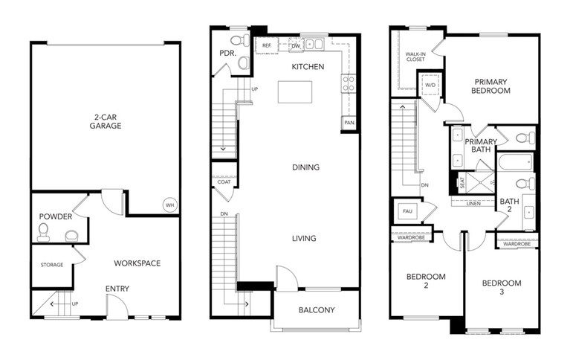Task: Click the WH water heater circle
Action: click(169, 205)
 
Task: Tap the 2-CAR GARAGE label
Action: click(106, 121)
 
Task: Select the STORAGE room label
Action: click(52, 265)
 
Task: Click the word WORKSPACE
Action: click(137, 263)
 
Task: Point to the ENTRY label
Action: click(117, 289)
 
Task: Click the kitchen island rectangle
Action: click(295, 92)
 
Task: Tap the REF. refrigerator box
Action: click(267, 45)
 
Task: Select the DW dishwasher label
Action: click(296, 46)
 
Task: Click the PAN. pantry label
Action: click(349, 123)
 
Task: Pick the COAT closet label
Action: click(224, 181)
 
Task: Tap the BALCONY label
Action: click(317, 310)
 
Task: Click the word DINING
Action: click(305, 167)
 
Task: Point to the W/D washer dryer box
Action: click(430, 85)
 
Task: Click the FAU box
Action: click(407, 211)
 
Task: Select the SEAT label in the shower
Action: click(462, 182)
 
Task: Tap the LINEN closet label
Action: click(473, 204)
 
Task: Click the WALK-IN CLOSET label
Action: click(415, 57)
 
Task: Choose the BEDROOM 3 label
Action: click(502, 287)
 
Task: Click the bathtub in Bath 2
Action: click(516, 162)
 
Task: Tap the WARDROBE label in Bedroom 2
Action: click(411, 237)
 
